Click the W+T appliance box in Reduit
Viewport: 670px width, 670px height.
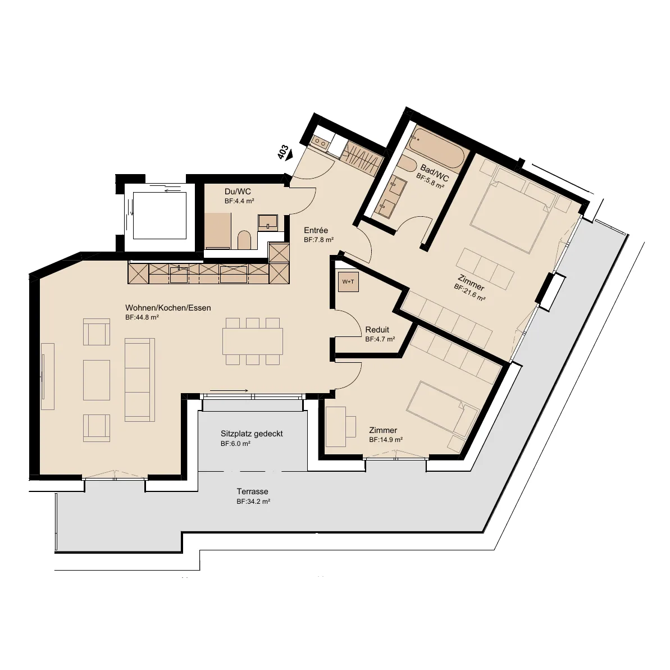[348, 281]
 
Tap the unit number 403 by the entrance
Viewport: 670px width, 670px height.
[283, 153]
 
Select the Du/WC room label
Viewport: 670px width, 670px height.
[238, 192]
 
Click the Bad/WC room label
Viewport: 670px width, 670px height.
[435, 172]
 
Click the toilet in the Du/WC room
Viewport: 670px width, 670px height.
[244, 240]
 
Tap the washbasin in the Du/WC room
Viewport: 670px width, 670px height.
[268, 222]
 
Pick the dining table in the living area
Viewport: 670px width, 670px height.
[253, 341]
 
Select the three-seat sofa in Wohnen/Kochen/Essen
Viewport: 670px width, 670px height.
[140, 380]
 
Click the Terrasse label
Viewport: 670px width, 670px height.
[253, 491]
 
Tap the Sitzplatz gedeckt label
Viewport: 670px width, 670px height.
[252, 434]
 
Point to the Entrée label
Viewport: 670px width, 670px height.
[316, 230]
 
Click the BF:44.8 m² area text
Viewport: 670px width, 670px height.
[142, 317]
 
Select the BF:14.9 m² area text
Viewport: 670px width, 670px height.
[386, 440]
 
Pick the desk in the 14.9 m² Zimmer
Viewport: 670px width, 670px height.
[335, 426]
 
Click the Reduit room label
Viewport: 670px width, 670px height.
[377, 330]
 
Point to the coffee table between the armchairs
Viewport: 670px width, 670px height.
[97, 380]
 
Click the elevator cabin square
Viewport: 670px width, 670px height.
[160, 215]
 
